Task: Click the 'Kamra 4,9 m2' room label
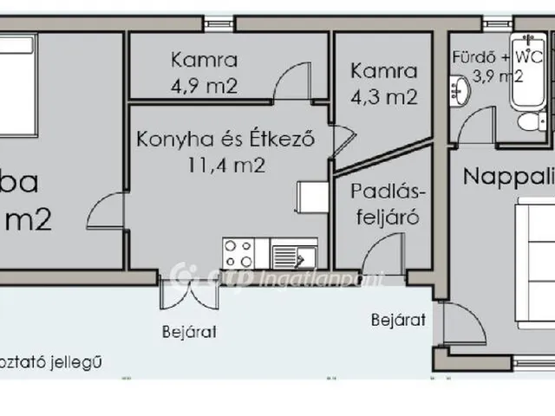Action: point(205,74)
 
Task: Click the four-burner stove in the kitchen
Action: point(239,253)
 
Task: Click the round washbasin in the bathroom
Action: point(459,87)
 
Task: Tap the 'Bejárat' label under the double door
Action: point(188,331)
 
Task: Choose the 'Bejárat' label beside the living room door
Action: point(398,320)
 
